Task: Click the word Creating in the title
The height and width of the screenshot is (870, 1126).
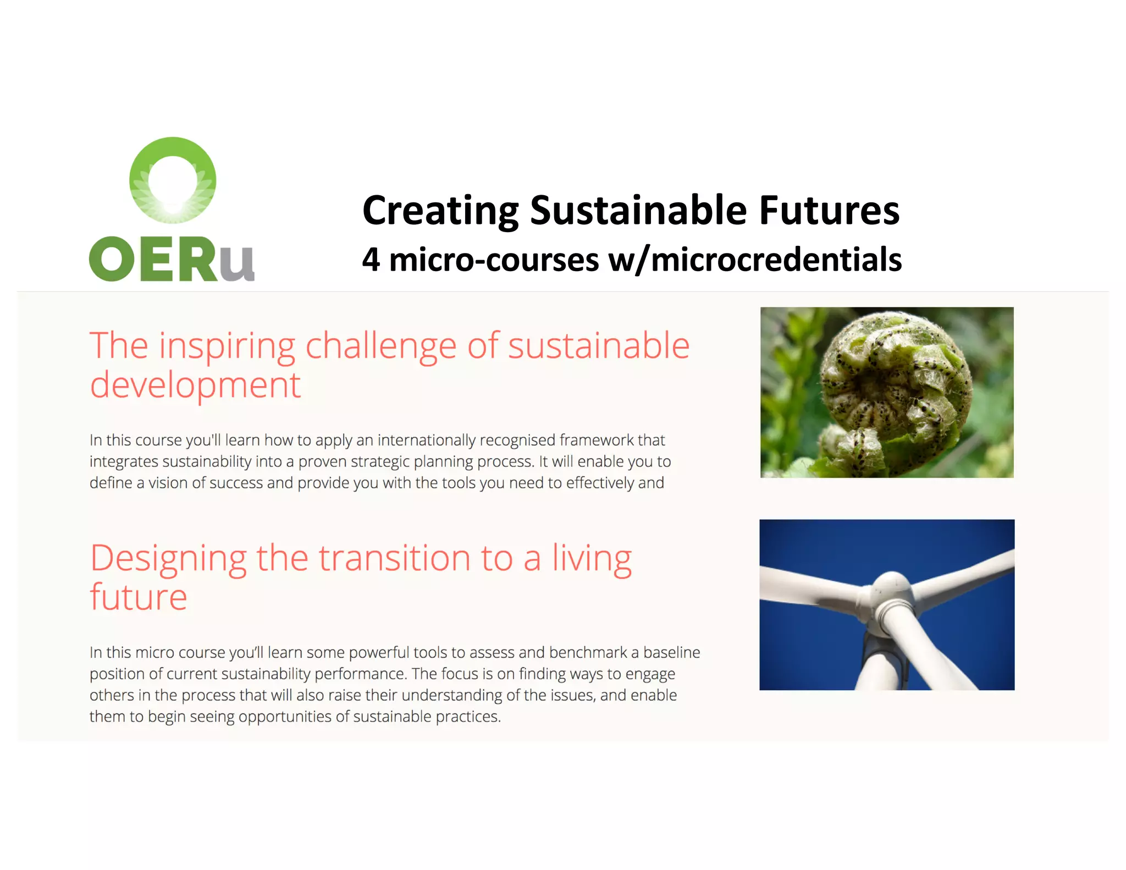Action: pyautogui.click(x=440, y=211)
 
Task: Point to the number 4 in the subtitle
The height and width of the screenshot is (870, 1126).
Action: pyautogui.click(x=371, y=260)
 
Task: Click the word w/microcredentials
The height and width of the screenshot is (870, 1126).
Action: pyautogui.click(x=754, y=260)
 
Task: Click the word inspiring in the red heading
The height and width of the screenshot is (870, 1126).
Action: pyautogui.click(x=227, y=346)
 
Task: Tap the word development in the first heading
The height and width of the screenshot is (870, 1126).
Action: pyautogui.click(x=195, y=386)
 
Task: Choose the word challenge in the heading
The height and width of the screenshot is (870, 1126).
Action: pyautogui.click(x=380, y=346)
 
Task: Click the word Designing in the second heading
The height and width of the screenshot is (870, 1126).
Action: pyautogui.click(x=168, y=559)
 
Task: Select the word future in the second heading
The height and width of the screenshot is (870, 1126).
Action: pyautogui.click(x=139, y=597)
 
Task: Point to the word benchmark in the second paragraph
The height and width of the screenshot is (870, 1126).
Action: pyautogui.click(x=588, y=653)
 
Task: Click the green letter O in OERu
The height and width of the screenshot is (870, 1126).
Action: pyautogui.click(x=111, y=259)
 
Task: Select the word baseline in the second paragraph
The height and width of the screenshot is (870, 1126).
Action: pyautogui.click(x=671, y=653)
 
